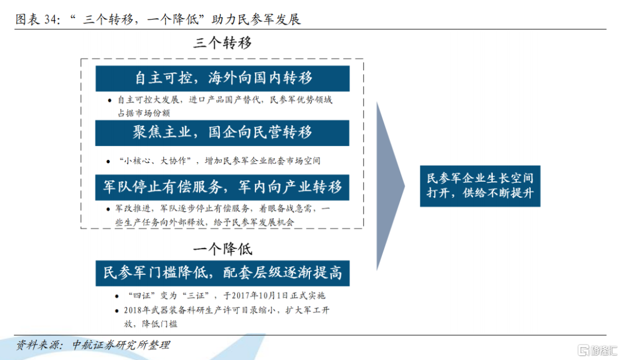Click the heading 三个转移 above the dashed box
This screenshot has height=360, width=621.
coord(223,43)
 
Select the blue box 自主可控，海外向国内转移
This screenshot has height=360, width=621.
coord(223,78)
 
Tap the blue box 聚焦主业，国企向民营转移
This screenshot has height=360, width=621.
coord(222,133)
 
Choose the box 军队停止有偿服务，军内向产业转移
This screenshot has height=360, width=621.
coord(222,187)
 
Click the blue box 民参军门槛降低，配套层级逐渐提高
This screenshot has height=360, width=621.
coord(223,273)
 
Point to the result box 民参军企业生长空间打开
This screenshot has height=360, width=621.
coord(480,186)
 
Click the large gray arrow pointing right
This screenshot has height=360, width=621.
coord(390,186)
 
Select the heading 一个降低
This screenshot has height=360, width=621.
coord(223,248)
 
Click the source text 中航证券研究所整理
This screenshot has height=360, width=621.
coord(121,345)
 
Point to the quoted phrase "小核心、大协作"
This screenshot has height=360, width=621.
coord(155,161)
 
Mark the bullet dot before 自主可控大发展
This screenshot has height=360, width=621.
coord(109,101)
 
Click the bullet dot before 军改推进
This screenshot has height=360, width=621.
coord(108,209)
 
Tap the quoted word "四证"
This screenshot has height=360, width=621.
coord(141,296)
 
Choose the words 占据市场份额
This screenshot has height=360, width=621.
coord(144,113)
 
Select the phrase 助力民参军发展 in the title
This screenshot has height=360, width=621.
coord(256,20)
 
